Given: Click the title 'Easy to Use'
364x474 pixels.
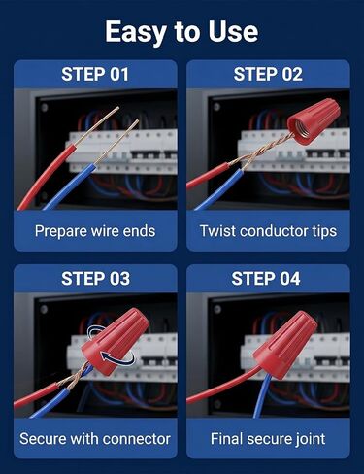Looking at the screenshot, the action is coord(182,32).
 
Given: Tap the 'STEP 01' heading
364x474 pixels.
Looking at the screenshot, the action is coord(95,74).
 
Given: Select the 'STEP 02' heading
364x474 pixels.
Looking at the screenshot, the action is coord(268,74).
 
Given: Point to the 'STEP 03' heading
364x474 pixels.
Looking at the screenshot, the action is coord(96,279).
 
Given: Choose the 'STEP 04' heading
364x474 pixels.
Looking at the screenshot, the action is coord(266,279).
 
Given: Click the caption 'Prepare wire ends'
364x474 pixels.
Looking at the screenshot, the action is coord(95,231).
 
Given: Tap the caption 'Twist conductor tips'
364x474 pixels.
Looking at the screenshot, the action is coord(268,231).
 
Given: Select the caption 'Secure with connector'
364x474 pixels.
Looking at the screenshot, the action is coord(95,439).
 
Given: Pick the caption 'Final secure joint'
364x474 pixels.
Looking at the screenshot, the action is coord(268,439).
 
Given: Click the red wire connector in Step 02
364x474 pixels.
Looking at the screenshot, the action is coord(314,121).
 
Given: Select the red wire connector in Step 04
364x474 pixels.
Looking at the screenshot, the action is coord(284,345).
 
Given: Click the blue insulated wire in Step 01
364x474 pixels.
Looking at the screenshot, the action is coord(70,187).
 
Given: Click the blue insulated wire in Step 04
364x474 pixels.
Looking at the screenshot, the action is coord(261,395).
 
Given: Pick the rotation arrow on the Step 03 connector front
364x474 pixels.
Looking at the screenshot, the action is coord(118,359).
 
